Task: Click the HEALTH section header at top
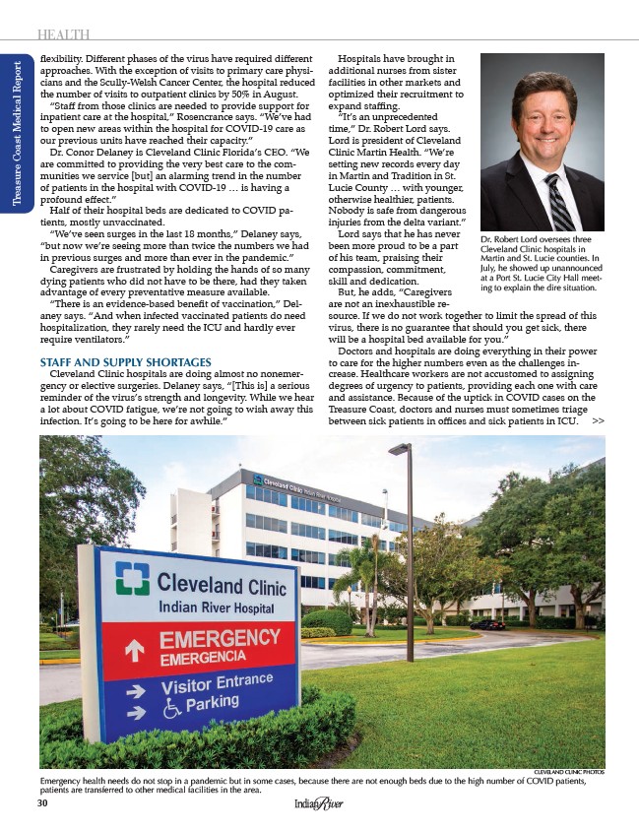(x=63, y=36)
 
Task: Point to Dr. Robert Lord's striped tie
(x=558, y=201)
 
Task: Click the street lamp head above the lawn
(x=399, y=449)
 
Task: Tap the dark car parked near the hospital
(x=486, y=624)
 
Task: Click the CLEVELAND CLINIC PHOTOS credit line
(x=569, y=775)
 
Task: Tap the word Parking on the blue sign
(x=212, y=702)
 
